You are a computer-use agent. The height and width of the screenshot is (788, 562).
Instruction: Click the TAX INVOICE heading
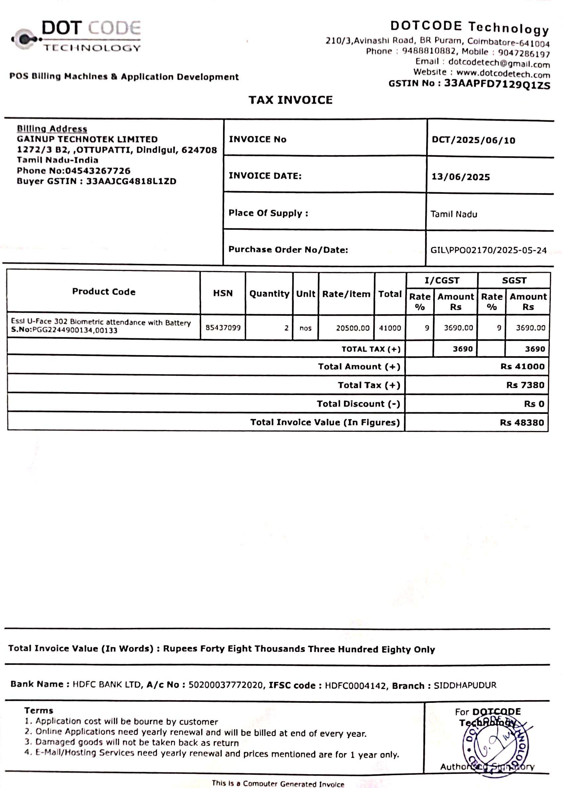pyautogui.click(x=290, y=100)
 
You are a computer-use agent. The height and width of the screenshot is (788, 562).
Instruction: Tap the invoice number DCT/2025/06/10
pyautogui.click(x=474, y=140)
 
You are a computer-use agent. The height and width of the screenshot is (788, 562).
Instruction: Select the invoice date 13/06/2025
pyautogui.click(x=461, y=177)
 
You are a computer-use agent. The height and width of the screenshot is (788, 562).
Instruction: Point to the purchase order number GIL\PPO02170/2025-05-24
pyautogui.click(x=488, y=250)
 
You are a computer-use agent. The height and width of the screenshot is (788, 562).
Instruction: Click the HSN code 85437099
pyautogui.click(x=223, y=327)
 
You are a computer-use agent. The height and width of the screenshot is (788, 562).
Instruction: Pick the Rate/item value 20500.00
pyautogui.click(x=353, y=328)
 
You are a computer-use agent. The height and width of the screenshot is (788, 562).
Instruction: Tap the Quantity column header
pyautogui.click(x=269, y=294)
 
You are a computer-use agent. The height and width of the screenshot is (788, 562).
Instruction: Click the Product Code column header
pyautogui.click(x=104, y=291)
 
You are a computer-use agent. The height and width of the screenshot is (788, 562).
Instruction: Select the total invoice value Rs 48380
pyautogui.click(x=522, y=422)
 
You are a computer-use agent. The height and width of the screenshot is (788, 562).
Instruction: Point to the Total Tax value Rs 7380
pyautogui.click(x=525, y=385)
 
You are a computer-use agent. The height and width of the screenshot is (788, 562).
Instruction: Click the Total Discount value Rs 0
pyautogui.click(x=534, y=404)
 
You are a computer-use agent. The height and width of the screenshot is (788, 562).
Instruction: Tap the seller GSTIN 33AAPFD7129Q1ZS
pyautogui.click(x=497, y=84)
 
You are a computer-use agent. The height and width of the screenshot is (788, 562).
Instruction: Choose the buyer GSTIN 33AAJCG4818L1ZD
pyautogui.click(x=131, y=181)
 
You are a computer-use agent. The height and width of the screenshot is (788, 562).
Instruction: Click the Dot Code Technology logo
pyautogui.click(x=76, y=36)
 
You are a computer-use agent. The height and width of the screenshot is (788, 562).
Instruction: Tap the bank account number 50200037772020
pyautogui.click(x=226, y=685)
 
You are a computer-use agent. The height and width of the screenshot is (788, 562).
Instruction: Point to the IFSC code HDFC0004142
pyautogui.click(x=355, y=685)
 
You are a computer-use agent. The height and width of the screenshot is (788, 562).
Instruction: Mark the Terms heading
pyautogui.click(x=38, y=710)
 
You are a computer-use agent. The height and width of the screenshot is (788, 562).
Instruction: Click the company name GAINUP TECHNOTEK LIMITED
pyautogui.click(x=87, y=139)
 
